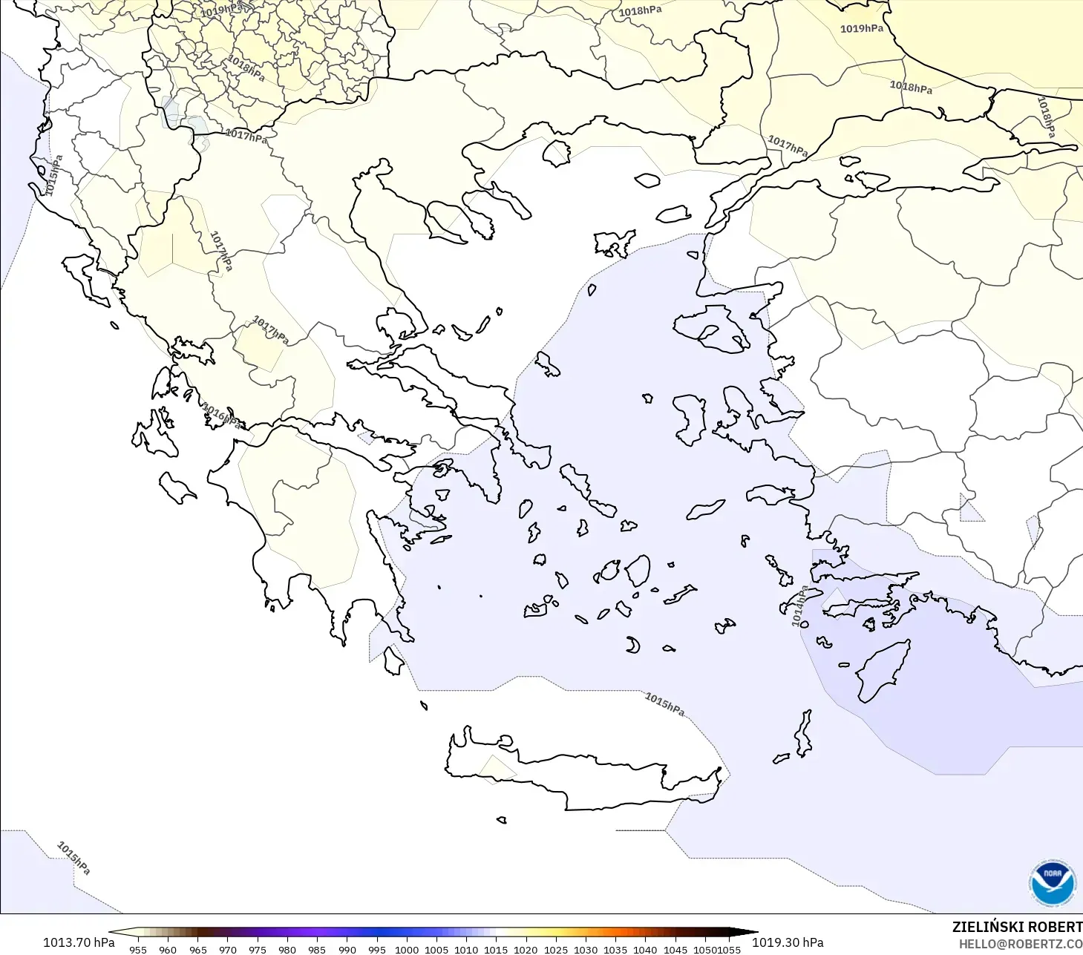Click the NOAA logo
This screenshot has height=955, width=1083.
pos(1052,883)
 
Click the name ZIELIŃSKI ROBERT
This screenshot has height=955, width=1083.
pos(1017,927)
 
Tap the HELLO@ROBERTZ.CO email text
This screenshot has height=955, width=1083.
pos(1020,945)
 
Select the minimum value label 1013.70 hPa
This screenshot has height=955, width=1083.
pos(79,942)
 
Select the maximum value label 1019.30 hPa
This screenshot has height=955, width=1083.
pos(788,942)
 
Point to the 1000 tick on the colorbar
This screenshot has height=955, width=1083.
pos(407,950)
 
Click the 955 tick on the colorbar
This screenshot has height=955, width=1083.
pos(138,950)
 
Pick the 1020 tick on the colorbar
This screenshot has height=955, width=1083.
pos(526,950)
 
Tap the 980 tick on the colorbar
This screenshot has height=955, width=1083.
pos(287,950)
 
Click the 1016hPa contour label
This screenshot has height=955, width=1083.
pos(222,416)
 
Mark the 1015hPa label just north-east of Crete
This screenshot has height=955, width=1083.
pos(664,703)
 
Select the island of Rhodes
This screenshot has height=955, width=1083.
pos(883,670)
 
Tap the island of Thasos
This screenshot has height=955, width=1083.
pos(556,153)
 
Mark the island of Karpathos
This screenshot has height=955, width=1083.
pos(802,733)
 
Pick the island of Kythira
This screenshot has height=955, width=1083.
pos(393,661)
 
